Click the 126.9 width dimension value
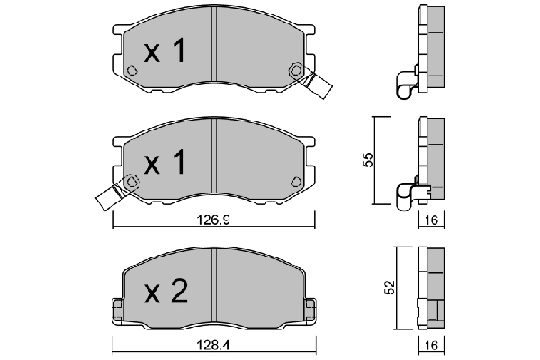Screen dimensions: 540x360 [212, 220]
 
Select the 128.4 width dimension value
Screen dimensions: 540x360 [212, 345]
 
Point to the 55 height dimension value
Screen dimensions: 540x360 [368, 160]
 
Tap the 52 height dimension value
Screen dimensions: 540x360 [390, 287]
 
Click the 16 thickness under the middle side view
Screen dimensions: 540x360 [431, 220]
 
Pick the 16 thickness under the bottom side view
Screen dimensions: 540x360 [431, 345]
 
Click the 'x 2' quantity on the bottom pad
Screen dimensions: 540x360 [166, 292]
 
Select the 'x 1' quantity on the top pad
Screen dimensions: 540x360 [166, 51]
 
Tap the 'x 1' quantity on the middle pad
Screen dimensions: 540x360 [166, 162]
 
